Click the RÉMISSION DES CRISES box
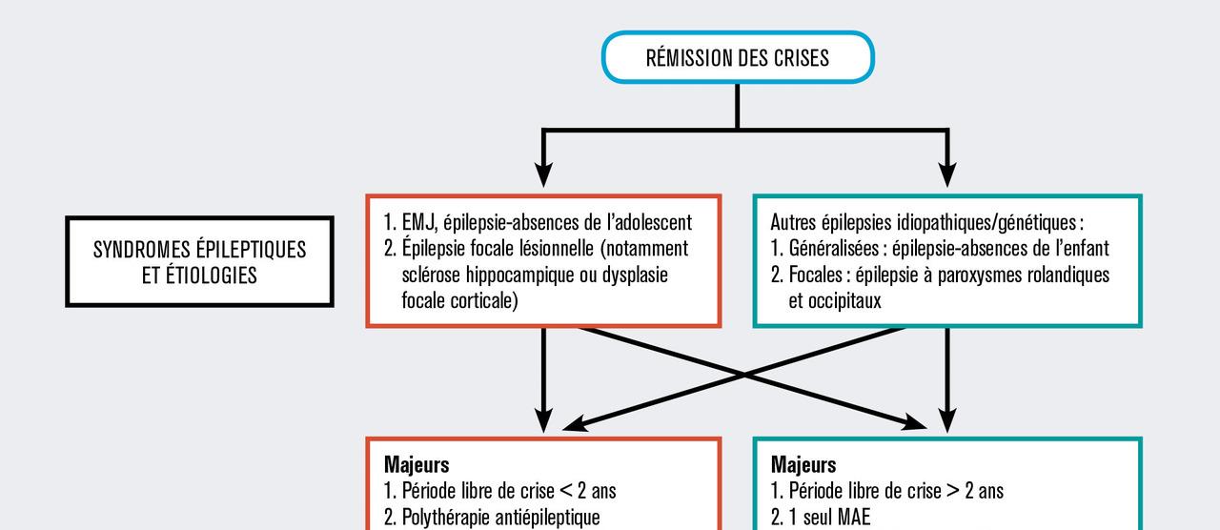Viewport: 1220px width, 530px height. pos(737,57)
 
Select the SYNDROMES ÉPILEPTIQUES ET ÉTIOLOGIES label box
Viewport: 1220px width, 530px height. pos(199,261)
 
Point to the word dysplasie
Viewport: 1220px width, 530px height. pos(634,275)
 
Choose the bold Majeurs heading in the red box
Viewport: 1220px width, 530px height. pos(417,465)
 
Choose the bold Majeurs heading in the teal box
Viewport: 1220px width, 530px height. pos(803,465)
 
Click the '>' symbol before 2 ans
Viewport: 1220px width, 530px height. pos(952,492)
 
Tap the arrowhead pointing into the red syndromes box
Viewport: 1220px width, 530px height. pos(543,175)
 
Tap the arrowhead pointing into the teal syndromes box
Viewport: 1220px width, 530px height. pos(946,175)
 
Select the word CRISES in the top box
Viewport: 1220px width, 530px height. pos(798,58)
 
